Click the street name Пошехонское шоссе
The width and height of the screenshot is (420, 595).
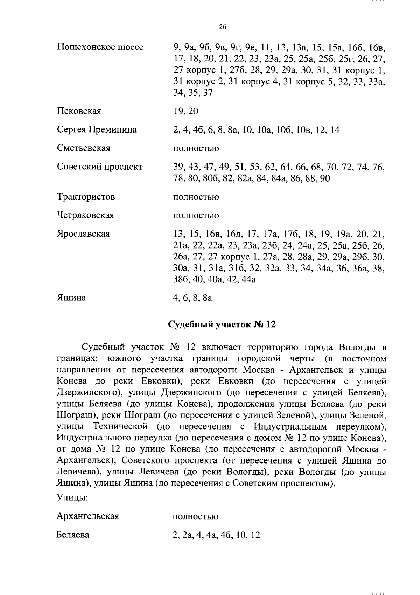tap(100, 47)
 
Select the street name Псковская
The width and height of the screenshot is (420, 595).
tap(79, 111)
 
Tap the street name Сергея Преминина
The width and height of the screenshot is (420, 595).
tap(97, 130)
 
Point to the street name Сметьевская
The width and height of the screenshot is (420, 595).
tap(84, 148)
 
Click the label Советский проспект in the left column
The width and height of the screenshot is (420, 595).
tap(100, 167)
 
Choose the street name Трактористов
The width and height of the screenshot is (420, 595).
tap(86, 197)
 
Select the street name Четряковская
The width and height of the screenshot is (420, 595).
tap(85, 215)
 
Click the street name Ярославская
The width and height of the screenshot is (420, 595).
tap(83, 234)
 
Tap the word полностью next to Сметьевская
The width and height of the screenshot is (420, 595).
tap(196, 149)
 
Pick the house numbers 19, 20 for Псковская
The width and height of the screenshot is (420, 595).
tap(185, 111)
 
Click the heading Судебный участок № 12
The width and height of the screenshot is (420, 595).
tap(222, 324)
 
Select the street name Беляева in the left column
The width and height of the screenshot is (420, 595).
tap(73, 535)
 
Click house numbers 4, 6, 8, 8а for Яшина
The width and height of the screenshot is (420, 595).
tap(192, 298)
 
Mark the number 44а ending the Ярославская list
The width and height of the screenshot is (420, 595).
tap(248, 280)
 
